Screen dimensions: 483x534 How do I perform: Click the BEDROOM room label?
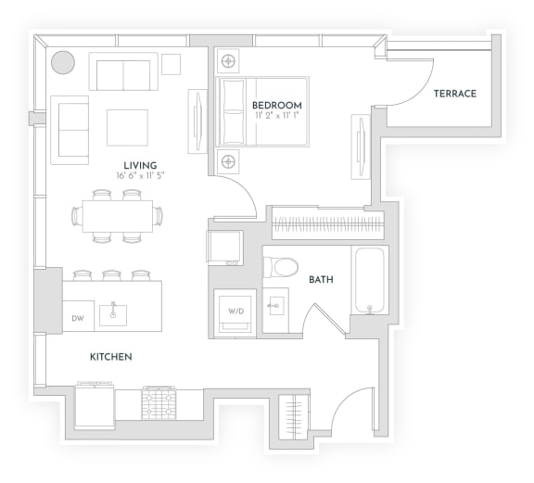pos(276,106)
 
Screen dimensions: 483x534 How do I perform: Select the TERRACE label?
pos(454,94)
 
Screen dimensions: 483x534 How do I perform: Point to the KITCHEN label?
pos(110,357)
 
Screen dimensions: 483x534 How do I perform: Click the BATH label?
pos(321,279)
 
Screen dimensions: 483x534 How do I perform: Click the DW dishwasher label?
pos(79,317)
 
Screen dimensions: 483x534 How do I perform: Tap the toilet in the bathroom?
pos(281,268)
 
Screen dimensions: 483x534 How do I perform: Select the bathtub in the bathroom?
pos(369,281)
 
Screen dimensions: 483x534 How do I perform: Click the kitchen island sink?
pos(114,313)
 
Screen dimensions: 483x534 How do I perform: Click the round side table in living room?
pos(63,62)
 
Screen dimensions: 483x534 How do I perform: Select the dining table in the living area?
pos(118,216)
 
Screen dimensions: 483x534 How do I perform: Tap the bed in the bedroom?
pos(263,111)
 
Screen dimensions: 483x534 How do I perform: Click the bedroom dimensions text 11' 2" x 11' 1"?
pos(276,117)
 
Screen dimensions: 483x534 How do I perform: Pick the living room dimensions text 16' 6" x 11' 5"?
pos(140,175)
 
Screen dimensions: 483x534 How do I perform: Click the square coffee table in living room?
pos(127,127)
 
